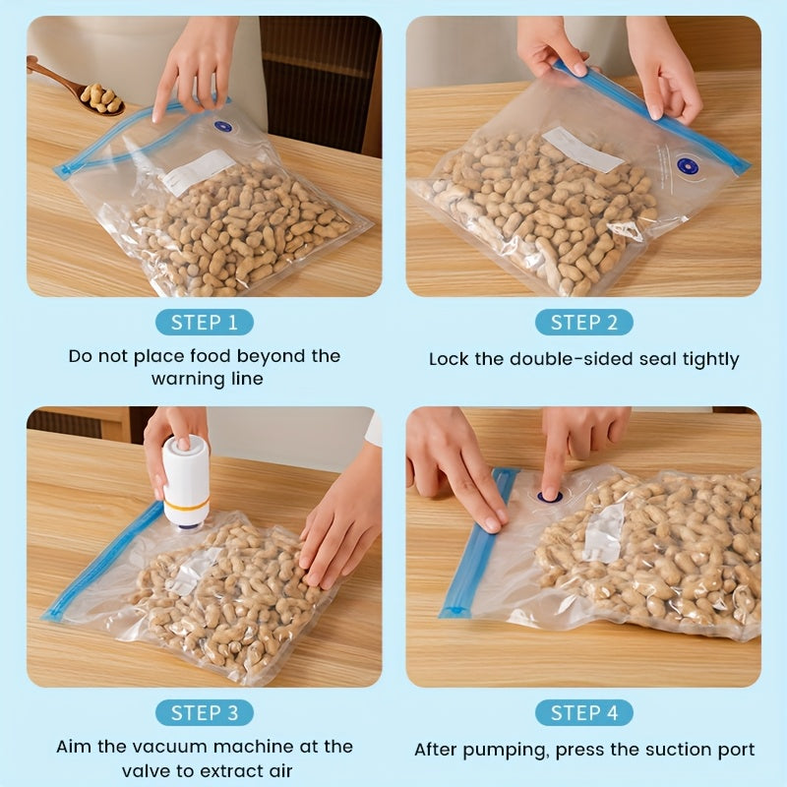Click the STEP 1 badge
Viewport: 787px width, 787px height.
click(204, 323)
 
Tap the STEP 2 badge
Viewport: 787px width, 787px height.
click(583, 323)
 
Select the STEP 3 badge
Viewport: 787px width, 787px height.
click(204, 713)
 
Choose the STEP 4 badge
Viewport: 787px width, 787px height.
click(583, 713)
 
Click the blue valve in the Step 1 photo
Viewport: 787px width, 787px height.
click(222, 127)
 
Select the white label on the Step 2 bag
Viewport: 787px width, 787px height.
click(582, 150)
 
